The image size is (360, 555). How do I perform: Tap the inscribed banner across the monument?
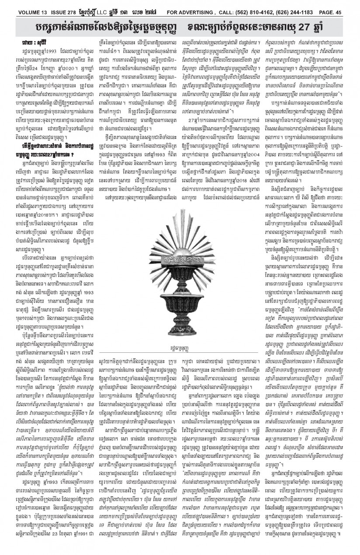(x=180, y=236)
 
